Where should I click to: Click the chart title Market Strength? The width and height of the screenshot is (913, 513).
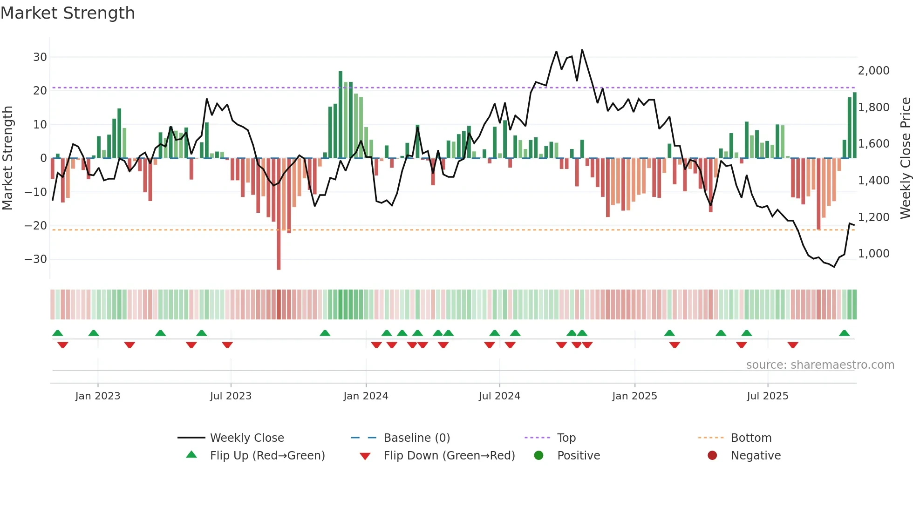click(68, 13)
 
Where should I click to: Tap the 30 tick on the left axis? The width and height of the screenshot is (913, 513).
click(40, 57)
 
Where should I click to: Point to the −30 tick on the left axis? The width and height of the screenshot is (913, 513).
click(36, 259)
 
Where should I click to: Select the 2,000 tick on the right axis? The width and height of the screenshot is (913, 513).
click(873, 71)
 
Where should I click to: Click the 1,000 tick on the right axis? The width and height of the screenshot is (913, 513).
click(873, 254)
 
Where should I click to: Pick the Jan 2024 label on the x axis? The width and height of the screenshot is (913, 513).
click(366, 396)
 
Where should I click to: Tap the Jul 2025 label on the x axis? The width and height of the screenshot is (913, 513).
click(767, 396)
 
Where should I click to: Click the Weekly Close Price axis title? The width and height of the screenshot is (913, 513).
click(905, 158)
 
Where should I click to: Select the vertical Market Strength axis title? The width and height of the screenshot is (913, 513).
click(7, 158)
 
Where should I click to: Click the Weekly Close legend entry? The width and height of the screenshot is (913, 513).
click(246, 438)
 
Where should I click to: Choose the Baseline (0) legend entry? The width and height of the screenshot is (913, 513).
click(416, 438)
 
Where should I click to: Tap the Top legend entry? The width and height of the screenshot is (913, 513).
click(566, 438)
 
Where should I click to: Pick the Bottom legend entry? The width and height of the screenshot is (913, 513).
click(751, 438)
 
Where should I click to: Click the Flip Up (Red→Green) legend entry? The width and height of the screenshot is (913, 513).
click(267, 456)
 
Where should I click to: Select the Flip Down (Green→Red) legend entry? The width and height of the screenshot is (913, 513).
click(449, 456)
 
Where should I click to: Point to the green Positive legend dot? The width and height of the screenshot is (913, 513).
click(538, 456)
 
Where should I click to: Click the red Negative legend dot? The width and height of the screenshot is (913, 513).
click(712, 456)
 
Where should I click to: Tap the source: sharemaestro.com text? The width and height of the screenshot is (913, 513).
click(820, 365)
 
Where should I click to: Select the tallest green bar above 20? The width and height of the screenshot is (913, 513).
click(341, 114)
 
